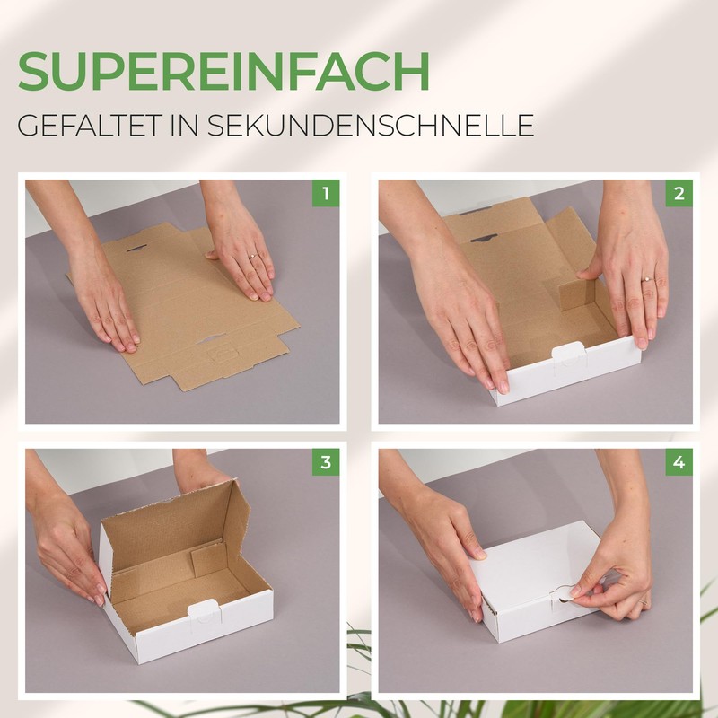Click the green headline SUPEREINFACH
223,71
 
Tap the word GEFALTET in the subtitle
89,125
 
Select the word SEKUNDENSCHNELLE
371,125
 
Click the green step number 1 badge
326,193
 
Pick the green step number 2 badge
679,193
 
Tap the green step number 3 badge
326,461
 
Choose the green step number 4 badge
679,461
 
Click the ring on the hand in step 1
252,257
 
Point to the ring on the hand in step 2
646,279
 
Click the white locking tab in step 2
569,354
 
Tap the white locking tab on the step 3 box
205,610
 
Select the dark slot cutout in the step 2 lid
484,238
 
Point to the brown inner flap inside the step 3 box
208,558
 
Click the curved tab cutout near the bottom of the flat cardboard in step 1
211,339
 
